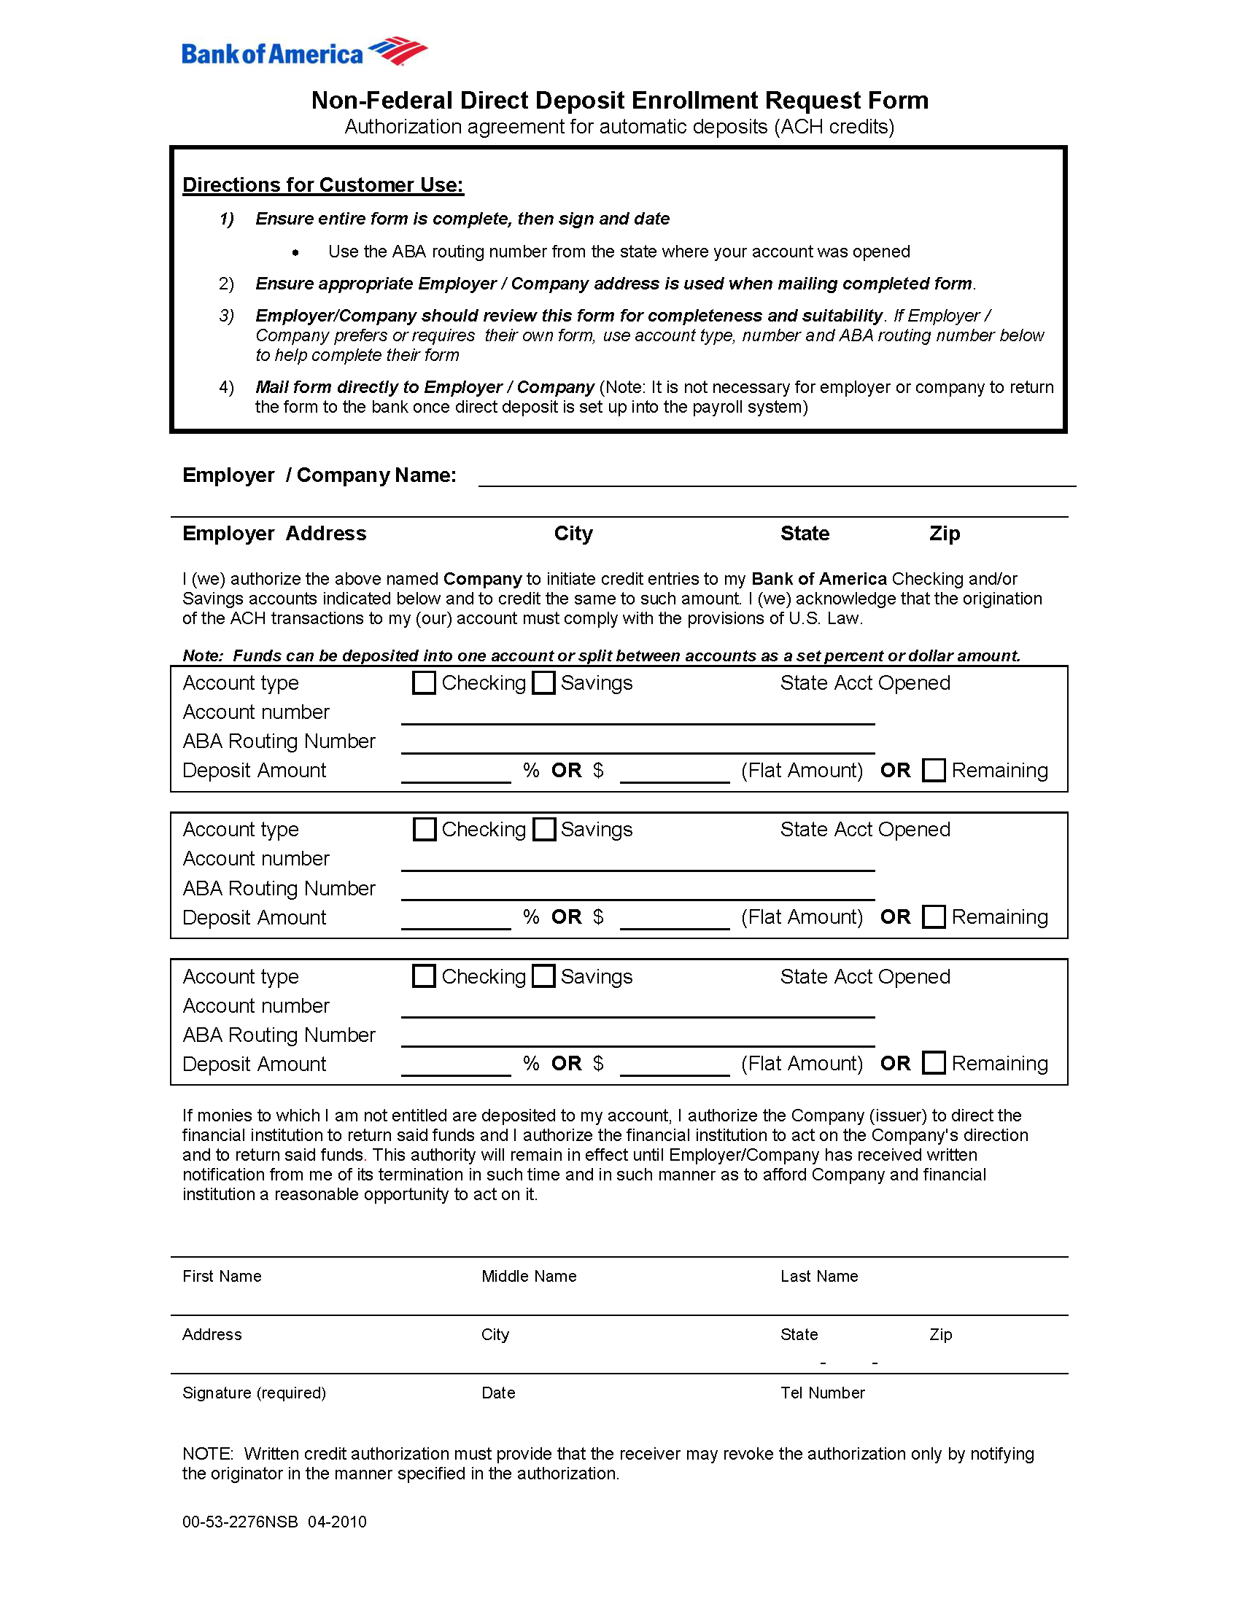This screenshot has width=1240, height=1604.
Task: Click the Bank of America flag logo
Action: [x=398, y=51]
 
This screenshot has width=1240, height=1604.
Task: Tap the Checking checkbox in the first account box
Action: [x=424, y=682]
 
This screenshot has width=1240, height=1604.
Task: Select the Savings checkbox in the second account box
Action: [x=543, y=829]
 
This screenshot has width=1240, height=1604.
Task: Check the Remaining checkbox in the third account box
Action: [x=934, y=1063]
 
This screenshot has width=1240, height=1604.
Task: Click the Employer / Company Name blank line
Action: [x=777, y=478]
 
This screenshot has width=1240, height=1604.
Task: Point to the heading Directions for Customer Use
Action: [x=322, y=184]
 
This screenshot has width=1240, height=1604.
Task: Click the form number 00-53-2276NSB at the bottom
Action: [x=239, y=1521]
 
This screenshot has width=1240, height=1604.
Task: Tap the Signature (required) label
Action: [x=253, y=1393]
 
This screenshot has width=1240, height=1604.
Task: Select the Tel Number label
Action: [x=822, y=1393]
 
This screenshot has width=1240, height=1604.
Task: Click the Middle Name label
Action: [x=528, y=1276]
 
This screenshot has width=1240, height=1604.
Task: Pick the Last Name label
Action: [x=818, y=1276]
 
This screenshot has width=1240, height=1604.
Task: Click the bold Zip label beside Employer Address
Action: [x=944, y=533]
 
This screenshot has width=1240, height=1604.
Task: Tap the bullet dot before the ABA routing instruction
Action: [x=295, y=253]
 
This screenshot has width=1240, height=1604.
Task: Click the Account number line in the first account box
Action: [x=637, y=717]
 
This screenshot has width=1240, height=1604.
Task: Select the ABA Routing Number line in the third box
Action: [x=637, y=1039]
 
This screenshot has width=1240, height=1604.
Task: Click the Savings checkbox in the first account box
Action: [x=543, y=682]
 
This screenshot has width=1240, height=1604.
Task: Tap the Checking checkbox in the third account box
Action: [x=424, y=976]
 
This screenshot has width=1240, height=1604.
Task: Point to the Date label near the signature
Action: [x=498, y=1393]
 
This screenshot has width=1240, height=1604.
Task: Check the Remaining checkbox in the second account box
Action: [x=934, y=916]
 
